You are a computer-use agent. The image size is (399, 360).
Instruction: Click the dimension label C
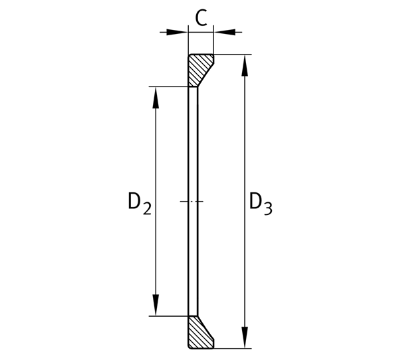[201, 18]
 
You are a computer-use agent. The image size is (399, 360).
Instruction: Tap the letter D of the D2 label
[134, 201]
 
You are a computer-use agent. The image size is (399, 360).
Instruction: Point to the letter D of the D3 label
[255, 201]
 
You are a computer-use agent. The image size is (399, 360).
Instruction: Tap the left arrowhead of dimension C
[177, 33]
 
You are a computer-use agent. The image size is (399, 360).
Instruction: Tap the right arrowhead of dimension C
[225, 33]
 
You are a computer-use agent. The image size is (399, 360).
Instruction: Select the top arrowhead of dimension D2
[156, 98]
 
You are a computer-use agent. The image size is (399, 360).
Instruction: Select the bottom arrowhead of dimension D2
[156, 305]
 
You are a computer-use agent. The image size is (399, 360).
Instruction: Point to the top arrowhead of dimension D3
[245, 65]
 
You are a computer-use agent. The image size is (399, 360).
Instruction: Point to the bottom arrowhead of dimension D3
[245, 337]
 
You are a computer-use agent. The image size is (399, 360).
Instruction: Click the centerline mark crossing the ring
[192, 202]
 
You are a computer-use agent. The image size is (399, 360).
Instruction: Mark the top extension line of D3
[233, 54]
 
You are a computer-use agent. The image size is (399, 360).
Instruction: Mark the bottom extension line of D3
[233, 349]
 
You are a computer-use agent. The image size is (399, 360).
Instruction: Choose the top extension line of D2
[168, 87]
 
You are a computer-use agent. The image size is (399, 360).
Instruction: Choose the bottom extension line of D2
[168, 316]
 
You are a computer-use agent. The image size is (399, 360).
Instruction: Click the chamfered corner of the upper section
[205, 75]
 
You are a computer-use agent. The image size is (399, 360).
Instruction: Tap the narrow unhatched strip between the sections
[193, 202]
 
